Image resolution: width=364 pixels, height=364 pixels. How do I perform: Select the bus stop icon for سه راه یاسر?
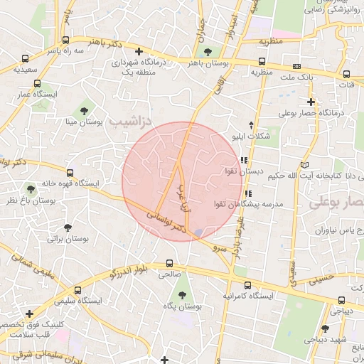[65, 41]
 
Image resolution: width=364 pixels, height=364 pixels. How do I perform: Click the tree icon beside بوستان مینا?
[85, 109]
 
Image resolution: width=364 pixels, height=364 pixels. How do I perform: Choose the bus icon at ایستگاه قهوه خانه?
[70, 172]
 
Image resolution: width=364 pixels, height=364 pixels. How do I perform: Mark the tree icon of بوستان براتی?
[68, 227]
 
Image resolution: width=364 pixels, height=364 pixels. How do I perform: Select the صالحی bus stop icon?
[169, 262]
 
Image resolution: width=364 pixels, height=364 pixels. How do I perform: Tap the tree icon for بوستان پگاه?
[183, 294]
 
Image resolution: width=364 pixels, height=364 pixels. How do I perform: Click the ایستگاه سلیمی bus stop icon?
[79, 290]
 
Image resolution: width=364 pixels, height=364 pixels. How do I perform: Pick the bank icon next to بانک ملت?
[296, 66]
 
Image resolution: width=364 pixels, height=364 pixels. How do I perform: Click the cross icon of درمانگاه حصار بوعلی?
[311, 102]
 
